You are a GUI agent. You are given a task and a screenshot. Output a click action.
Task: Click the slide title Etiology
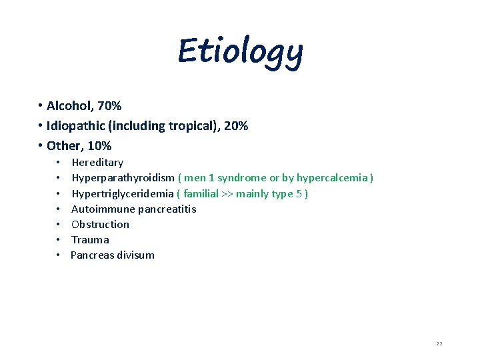point(240,52)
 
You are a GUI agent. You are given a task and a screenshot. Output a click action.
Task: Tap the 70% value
point(109,105)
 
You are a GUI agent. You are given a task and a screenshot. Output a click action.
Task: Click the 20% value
point(236,125)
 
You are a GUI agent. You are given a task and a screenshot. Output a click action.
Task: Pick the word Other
point(64,145)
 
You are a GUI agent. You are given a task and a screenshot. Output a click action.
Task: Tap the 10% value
point(99,145)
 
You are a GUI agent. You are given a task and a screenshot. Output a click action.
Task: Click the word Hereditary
point(97,163)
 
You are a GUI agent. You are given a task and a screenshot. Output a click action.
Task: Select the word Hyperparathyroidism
point(123,178)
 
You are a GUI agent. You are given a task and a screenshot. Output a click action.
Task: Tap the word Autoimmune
point(103,209)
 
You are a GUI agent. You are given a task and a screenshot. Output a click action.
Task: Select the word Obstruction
point(100,224)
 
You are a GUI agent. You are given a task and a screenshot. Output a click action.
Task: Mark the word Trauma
point(90,239)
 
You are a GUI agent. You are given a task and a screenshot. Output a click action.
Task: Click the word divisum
point(135,255)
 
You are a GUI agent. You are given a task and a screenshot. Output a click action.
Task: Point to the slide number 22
point(439,343)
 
